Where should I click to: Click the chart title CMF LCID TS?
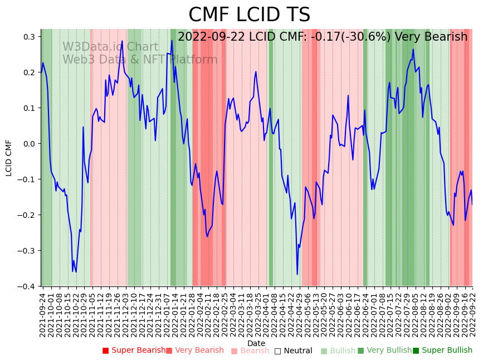(249, 15)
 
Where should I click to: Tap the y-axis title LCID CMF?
(9, 158)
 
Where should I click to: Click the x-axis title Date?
(256, 343)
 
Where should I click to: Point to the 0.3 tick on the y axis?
(28, 37)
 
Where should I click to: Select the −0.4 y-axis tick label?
(26, 286)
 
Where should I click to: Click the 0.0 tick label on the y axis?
(28, 144)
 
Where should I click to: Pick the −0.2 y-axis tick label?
(26, 215)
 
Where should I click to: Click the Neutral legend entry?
(293, 351)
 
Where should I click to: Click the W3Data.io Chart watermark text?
(110, 47)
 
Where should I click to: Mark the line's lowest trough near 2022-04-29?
(297, 274)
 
